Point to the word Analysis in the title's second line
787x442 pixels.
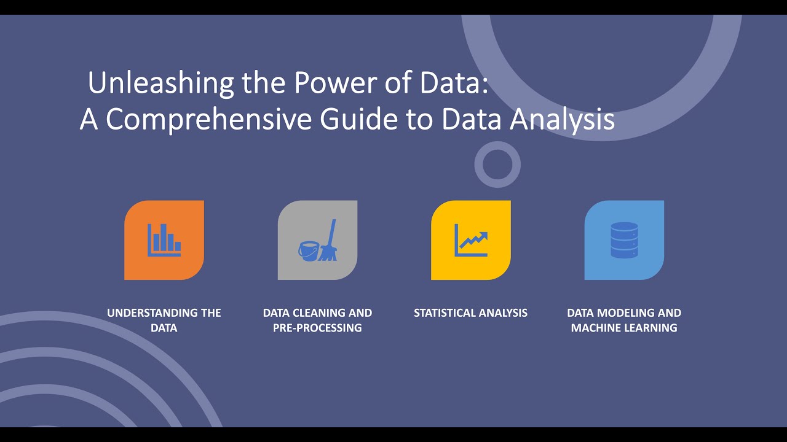tap(562, 119)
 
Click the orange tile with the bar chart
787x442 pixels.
tap(164, 240)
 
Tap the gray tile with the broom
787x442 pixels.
tap(317, 240)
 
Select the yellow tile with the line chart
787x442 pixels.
tap(471, 240)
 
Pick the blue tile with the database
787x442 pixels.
tap(624, 240)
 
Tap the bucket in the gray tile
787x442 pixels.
tap(308, 250)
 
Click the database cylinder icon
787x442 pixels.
tap(624, 240)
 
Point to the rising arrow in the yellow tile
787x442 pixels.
tap(473, 240)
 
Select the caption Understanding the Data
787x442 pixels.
tap(164, 320)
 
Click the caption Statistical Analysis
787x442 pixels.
tap(470, 313)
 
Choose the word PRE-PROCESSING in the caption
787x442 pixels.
tap(317, 328)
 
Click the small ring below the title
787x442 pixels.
tap(497, 165)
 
